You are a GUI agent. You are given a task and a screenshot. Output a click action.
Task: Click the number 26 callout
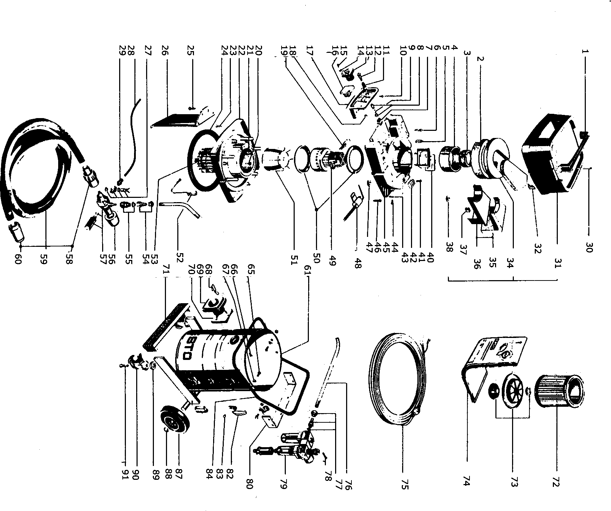165,51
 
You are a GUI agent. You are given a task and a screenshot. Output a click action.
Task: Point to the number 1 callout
585,51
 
